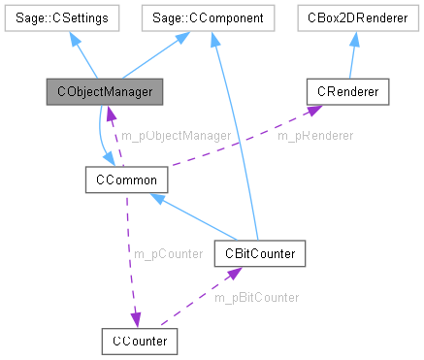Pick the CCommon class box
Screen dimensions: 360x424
click(x=115, y=180)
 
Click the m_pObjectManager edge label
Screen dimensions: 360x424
click(x=175, y=136)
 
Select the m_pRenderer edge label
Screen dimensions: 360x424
click(x=315, y=136)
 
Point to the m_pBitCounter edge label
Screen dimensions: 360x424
click(x=256, y=296)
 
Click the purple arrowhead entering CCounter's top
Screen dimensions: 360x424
click(x=137, y=321)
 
